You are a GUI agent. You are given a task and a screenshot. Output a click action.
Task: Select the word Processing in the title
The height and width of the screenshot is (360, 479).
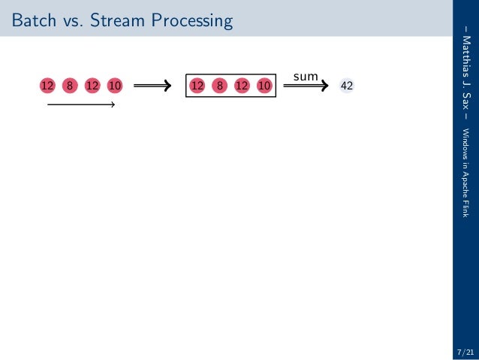[x=188, y=21]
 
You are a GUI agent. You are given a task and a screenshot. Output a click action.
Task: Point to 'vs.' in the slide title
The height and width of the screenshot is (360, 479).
[x=71, y=21]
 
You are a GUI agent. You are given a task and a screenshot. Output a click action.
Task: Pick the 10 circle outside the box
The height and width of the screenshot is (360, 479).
[x=115, y=86]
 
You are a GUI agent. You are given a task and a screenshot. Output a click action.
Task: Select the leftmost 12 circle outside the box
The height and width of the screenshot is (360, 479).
[x=47, y=86]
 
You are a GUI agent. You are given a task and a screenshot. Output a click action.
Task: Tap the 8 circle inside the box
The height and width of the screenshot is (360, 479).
[x=219, y=86]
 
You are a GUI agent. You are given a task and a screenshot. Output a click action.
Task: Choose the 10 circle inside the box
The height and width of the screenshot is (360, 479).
[x=264, y=86]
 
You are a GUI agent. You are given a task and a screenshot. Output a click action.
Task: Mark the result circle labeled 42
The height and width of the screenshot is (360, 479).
[x=347, y=86]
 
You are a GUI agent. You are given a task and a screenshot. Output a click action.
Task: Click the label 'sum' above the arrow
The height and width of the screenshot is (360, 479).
[x=306, y=76]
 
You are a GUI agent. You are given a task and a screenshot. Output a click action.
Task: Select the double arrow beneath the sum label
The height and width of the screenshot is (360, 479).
[x=306, y=86]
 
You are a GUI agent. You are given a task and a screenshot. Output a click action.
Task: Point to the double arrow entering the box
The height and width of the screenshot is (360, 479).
[x=156, y=86]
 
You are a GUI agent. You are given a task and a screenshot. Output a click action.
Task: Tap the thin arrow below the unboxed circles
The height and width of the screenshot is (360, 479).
[x=80, y=105]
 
